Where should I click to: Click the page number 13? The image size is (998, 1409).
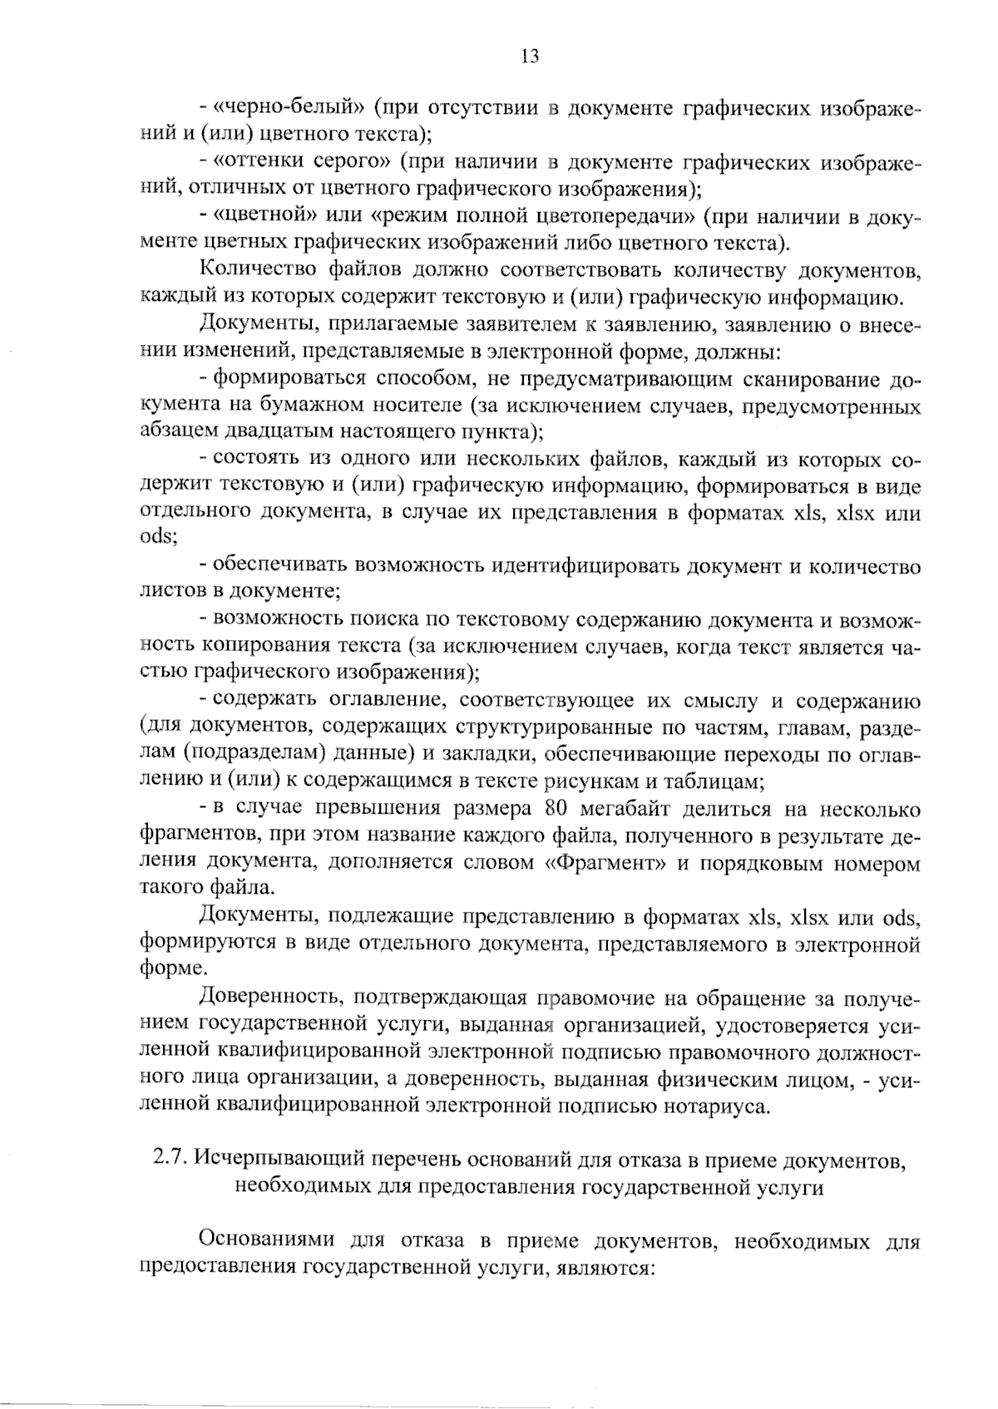pos(530,57)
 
